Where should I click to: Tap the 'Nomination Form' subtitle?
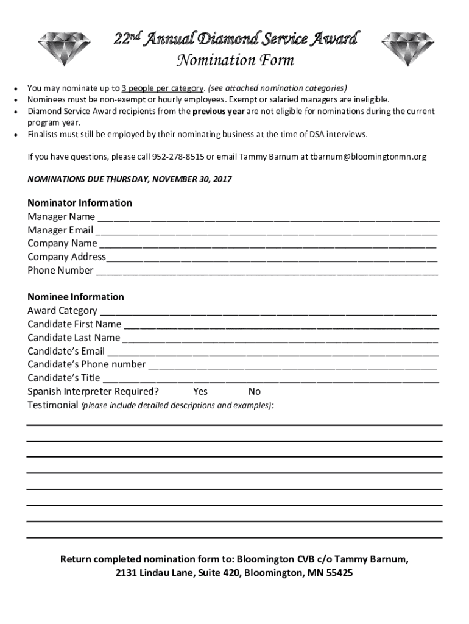pos(235,60)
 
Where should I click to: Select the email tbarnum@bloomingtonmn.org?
pos(368,157)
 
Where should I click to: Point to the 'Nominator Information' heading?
pos(80,203)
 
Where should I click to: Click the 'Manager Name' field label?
pos(61,216)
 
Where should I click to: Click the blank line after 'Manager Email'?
pos(266,231)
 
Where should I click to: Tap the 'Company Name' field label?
pos(62,243)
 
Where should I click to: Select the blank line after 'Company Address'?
pos(271,258)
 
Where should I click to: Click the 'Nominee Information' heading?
pos(76,297)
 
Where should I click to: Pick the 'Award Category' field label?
pos(62,311)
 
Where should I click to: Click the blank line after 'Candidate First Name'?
pos(281,325)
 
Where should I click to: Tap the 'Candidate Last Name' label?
pos(74,338)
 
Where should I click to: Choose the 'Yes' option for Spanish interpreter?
pos(200,391)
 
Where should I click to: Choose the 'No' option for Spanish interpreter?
pos(254,391)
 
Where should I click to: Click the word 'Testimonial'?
pos(53,405)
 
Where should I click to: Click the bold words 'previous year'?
pos(218,112)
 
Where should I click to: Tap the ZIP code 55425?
pos(339,573)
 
